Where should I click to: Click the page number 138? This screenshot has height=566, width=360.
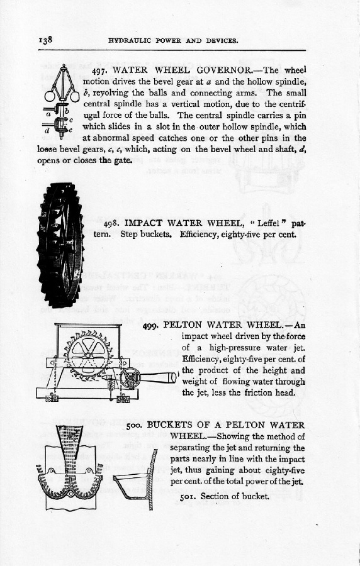[46, 40]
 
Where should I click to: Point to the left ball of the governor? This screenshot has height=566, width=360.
[50, 97]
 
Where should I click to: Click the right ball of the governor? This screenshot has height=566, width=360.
[74, 96]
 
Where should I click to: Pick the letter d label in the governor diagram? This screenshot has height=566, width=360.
[46, 130]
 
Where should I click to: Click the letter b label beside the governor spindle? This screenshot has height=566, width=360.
[67, 111]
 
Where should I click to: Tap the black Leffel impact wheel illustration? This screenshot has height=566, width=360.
[60, 245]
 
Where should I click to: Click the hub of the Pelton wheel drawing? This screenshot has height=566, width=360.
[87, 355]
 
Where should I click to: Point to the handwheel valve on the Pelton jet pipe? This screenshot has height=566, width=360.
[130, 379]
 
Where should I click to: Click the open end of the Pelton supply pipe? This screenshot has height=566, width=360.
[174, 377]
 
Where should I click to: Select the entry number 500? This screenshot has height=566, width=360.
[135, 426]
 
